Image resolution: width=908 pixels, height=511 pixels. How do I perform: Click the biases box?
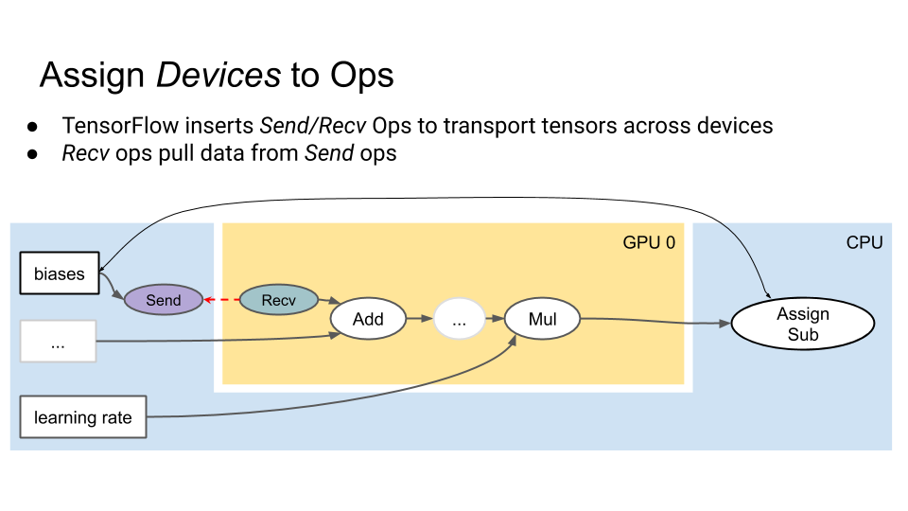pos(60,273)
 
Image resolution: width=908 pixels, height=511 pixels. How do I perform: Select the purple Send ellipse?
pos(164,300)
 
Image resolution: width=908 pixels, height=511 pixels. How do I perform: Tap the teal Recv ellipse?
pos(278,300)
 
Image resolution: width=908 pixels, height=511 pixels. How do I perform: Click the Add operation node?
pos(368,319)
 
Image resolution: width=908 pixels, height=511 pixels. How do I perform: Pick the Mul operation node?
pos(542,319)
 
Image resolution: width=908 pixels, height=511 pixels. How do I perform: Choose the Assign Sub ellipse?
pos(803,324)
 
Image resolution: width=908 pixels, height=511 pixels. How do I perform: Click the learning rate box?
pos(83,417)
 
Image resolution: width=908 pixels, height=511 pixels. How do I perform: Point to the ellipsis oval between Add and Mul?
pos(460,319)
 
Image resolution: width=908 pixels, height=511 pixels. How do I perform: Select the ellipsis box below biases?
pos(58,342)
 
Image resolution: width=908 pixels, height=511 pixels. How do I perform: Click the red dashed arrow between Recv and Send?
pos(221,300)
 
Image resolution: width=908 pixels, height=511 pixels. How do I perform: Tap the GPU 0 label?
pos(649,242)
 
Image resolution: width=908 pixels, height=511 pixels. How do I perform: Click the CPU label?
pos(864,242)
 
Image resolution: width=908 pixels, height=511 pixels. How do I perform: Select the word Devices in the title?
pos(218,76)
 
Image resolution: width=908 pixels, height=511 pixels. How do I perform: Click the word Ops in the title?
pos(362,76)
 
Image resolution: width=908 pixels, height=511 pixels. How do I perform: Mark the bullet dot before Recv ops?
pos(32,154)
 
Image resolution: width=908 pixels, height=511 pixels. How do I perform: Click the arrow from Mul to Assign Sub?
pos(655,321)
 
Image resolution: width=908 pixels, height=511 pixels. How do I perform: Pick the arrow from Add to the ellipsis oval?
pos(420,318)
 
